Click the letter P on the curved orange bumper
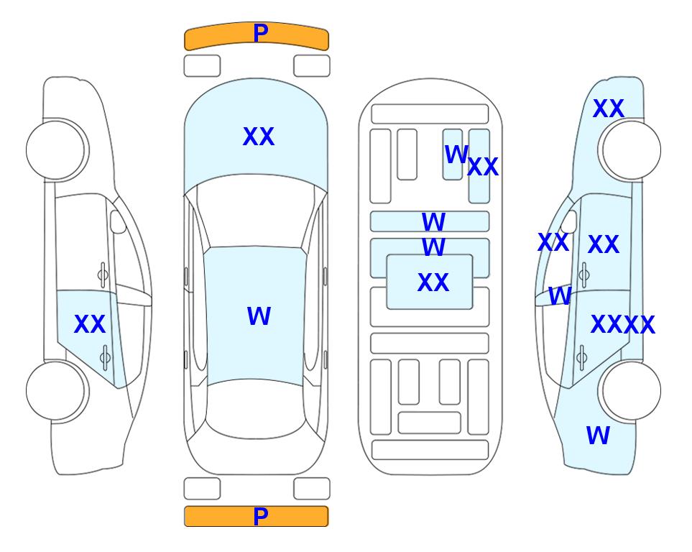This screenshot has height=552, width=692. point(260,33)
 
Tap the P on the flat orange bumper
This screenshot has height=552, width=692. point(260,516)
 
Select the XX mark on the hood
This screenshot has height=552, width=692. point(259,137)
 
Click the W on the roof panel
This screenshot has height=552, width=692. point(259,316)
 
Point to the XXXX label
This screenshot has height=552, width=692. point(623,325)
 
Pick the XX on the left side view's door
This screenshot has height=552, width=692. point(90,324)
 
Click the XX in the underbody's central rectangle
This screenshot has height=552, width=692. point(433,282)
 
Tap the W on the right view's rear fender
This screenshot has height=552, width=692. point(598,436)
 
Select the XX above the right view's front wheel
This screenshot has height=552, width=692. point(609,109)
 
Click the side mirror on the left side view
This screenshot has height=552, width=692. point(118,221)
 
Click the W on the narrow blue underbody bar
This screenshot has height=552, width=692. point(433,221)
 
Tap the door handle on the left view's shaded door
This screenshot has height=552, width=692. point(105,356)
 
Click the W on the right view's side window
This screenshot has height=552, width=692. point(560,296)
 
